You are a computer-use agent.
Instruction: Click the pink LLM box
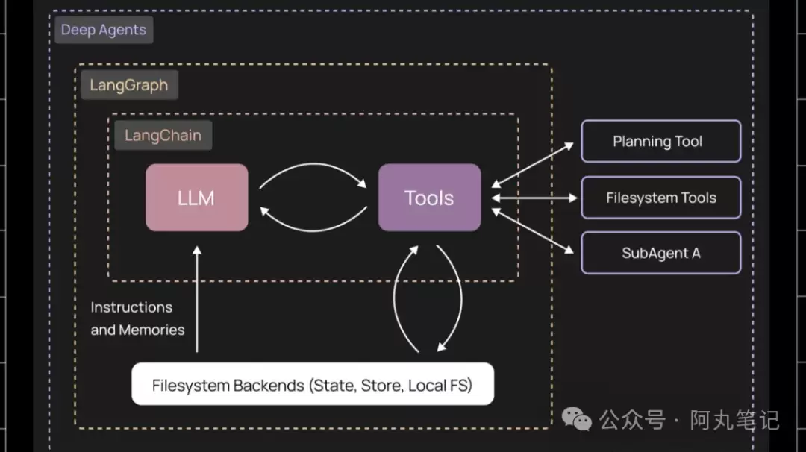tap(197, 198)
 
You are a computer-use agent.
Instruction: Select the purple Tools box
tap(429, 198)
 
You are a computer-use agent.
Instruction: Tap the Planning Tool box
tap(660, 141)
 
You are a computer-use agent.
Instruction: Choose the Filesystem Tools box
tap(660, 198)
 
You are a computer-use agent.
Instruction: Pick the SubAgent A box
tap(660, 253)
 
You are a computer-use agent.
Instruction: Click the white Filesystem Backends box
tap(313, 385)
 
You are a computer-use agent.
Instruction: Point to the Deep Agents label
tap(104, 31)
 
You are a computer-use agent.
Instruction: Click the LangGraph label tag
tap(129, 85)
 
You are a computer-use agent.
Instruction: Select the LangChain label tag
tap(163, 136)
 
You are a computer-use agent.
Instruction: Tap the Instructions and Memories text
tap(137, 318)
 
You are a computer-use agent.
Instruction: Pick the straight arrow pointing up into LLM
tap(197, 298)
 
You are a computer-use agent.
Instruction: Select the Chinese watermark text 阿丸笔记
tap(734, 420)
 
